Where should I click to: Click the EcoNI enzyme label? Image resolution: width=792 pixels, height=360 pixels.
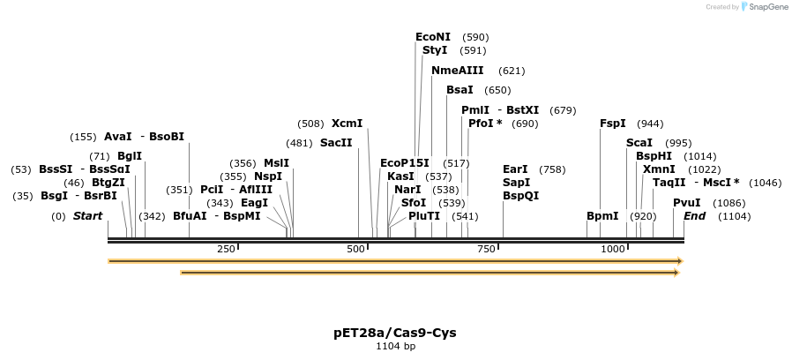tap(432, 37)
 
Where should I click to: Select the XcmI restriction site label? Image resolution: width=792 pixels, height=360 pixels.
tap(347, 124)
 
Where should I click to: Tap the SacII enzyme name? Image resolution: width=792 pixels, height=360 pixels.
tap(336, 142)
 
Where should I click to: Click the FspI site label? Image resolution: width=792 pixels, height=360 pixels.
tap(612, 124)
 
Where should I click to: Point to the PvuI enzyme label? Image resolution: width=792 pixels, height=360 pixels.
tap(686, 202)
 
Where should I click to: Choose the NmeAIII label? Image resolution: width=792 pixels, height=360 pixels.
tap(457, 71)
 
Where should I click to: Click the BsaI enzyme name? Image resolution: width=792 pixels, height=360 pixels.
tap(460, 90)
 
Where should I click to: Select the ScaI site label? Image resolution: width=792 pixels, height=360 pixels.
tap(639, 143)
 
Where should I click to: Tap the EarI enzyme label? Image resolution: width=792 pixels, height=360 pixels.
tap(515, 169)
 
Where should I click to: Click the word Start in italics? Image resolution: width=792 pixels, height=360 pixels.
tap(87, 216)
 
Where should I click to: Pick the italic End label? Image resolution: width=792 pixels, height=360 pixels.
tap(694, 216)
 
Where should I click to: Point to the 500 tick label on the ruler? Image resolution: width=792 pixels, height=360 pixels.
tap(355, 250)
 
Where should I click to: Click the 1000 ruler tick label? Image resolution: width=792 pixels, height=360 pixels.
tap(612, 250)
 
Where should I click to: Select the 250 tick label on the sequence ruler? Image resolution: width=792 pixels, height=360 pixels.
tap(226, 250)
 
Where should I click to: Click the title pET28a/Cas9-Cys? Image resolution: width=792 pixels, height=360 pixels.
tap(395, 333)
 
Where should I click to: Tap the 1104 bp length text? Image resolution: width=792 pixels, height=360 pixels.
tap(395, 346)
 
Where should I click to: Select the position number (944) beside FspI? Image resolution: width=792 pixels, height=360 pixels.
tap(650, 124)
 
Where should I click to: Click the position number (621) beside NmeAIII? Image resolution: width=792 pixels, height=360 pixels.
tap(512, 71)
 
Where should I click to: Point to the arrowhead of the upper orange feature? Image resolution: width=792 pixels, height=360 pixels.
tap(679, 261)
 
